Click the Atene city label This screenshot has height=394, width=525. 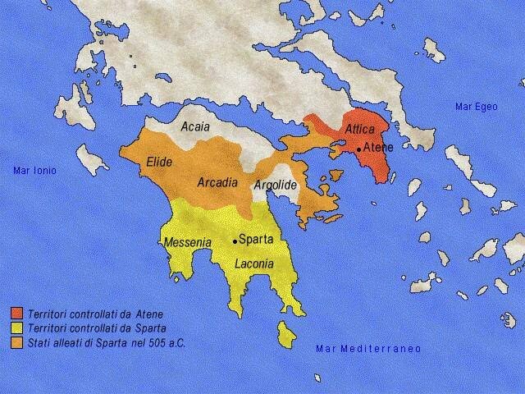pyautogui.click(x=378, y=147)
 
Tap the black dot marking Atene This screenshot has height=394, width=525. pyautogui.click(x=359, y=149)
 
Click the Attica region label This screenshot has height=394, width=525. pyautogui.click(x=360, y=129)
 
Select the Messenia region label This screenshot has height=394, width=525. pyautogui.click(x=188, y=243)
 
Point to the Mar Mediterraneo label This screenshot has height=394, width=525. pyautogui.click(x=368, y=349)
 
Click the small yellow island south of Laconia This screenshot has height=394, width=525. pyautogui.click(x=287, y=332)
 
